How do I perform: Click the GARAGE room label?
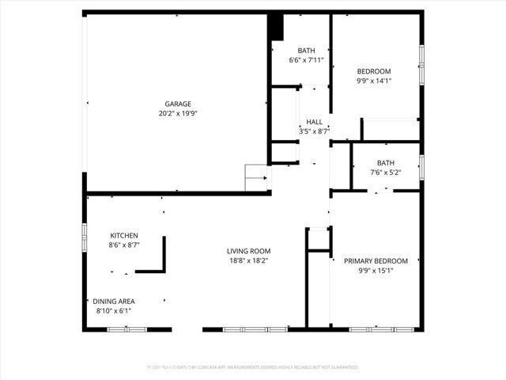pos(178,104)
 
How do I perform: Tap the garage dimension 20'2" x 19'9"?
pos(178,113)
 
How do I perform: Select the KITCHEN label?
pos(124,236)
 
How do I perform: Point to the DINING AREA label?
pos(114,301)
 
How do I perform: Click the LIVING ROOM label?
pos(248,251)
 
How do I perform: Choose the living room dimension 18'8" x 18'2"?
pos(248,260)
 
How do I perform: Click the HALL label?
pos(314,122)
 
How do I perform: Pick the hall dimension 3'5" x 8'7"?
pos(314,131)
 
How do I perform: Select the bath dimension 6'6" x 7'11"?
pos(304,60)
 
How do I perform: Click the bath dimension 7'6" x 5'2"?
pos(385,173)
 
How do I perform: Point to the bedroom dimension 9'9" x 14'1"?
pos(374,81)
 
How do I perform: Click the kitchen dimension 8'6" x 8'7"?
pos(124,245)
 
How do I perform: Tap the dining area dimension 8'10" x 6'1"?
pos(114,310)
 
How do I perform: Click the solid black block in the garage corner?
pos(276,26)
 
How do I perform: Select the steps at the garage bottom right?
pos(256,178)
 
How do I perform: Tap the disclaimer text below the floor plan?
pos(253,367)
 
